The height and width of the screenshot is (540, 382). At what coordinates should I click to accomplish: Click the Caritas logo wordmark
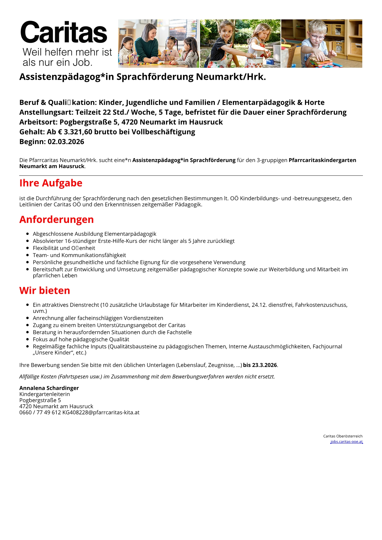pos(64,33)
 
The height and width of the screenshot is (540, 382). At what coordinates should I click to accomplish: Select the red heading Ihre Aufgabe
pos(51,183)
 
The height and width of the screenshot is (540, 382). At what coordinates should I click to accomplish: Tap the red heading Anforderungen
pos(56,220)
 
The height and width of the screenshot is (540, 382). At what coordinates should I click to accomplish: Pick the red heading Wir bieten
pos(45,291)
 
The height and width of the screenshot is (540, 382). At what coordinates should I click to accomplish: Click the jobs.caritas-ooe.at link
pos(347,441)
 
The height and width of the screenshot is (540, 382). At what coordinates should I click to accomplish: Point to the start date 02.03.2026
pos(66,142)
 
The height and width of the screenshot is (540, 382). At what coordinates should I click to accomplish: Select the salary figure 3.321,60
pos(78,132)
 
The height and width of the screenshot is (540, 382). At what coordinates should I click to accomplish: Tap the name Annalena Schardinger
pos(49,388)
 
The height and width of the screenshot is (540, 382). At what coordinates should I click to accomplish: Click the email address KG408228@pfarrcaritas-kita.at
pos(101,413)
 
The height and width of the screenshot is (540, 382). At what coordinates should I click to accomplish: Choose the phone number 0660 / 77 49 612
pos(40,413)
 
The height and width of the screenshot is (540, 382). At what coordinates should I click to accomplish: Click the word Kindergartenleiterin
pos(45,394)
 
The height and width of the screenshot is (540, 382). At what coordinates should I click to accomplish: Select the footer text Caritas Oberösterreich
pos(343,436)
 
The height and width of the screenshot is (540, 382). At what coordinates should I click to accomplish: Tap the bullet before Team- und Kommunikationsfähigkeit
pos(28,255)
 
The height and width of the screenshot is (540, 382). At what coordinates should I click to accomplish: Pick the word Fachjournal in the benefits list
pos(327,347)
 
